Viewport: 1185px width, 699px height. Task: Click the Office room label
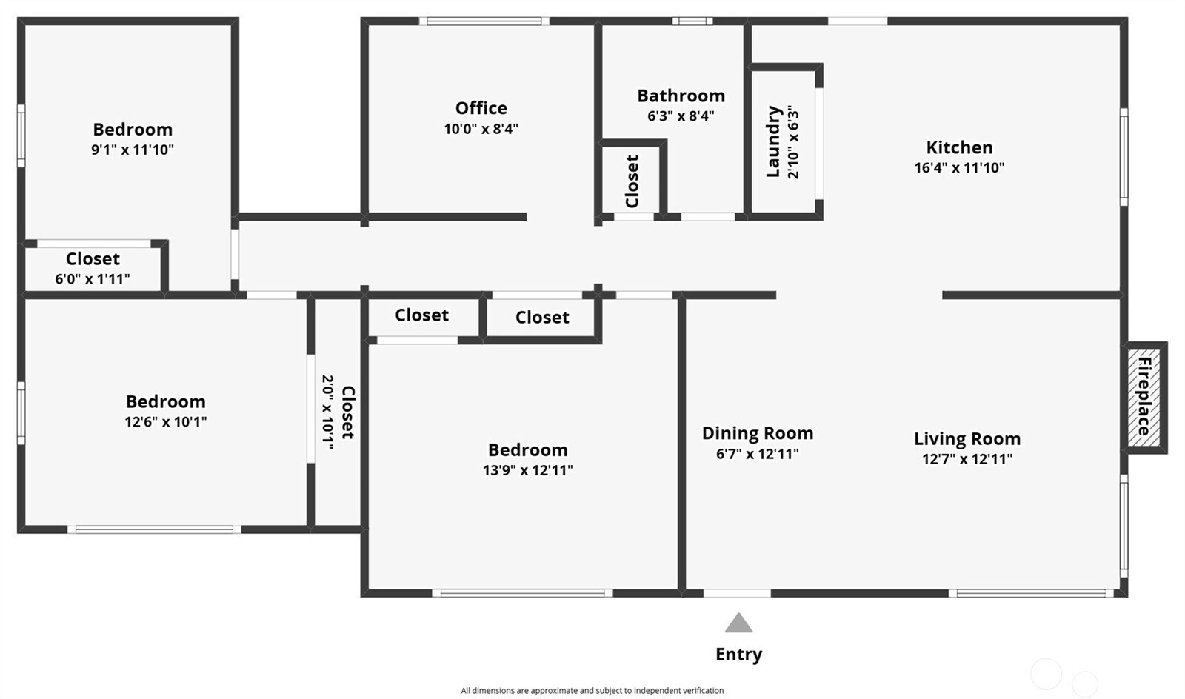pos(481,108)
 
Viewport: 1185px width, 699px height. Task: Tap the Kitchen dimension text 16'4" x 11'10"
pos(959,167)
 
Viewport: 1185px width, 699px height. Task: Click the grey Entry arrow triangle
pos(738,623)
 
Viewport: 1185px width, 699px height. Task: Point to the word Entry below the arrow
pos(738,654)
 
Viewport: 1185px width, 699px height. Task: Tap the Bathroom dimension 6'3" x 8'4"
pos(680,116)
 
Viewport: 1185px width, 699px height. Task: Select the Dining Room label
pos(757,433)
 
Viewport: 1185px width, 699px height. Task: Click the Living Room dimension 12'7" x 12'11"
pos(967,458)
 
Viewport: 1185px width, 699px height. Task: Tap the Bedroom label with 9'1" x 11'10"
pos(133,130)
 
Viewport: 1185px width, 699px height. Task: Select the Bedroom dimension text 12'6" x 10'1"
pos(165,421)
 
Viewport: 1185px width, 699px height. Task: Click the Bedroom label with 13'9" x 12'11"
pos(527,449)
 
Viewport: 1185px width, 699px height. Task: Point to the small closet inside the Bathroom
pos(632,181)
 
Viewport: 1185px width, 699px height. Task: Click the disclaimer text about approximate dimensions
pos(592,690)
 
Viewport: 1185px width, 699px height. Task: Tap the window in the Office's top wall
pos(484,21)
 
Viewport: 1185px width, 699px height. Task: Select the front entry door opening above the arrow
pos(736,593)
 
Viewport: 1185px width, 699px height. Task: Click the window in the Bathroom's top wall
pos(692,21)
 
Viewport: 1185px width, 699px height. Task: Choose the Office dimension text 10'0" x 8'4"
pos(481,129)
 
